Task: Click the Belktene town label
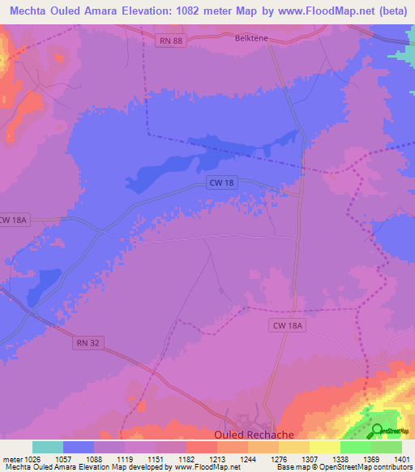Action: click(x=250, y=37)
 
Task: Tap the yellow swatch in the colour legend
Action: click(x=324, y=447)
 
